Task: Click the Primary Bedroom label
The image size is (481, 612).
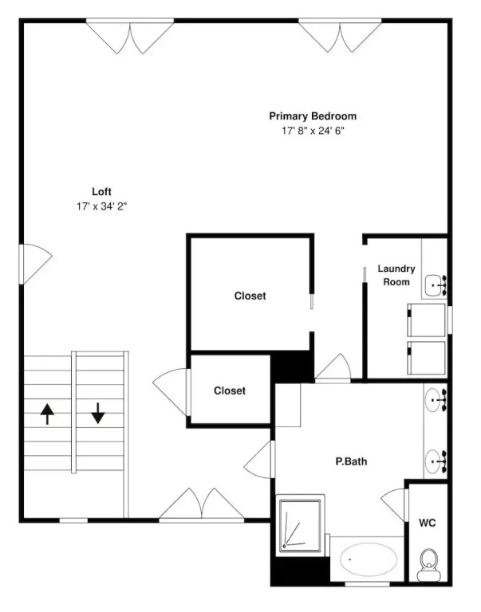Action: (313, 116)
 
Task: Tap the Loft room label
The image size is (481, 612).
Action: (101, 191)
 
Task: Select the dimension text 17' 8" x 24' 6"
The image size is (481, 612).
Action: (313, 131)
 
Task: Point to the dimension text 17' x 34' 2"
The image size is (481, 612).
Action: (102, 206)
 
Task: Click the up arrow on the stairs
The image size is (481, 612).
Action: (47, 414)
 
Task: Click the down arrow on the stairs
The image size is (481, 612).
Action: (98, 414)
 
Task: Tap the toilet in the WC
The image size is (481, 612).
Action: (428, 565)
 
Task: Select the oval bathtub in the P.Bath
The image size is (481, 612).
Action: (369, 559)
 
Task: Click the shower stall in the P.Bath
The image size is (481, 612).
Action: (300, 525)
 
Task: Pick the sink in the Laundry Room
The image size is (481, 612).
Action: (436, 285)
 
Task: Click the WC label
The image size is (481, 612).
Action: (427, 523)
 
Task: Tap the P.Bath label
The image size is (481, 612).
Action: (351, 461)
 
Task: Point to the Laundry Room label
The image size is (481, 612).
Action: (396, 275)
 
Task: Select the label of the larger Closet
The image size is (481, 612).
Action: (250, 296)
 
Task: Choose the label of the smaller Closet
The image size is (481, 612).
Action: (230, 390)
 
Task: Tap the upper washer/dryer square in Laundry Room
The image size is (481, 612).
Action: (426, 320)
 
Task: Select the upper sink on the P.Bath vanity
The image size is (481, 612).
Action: (435, 400)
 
